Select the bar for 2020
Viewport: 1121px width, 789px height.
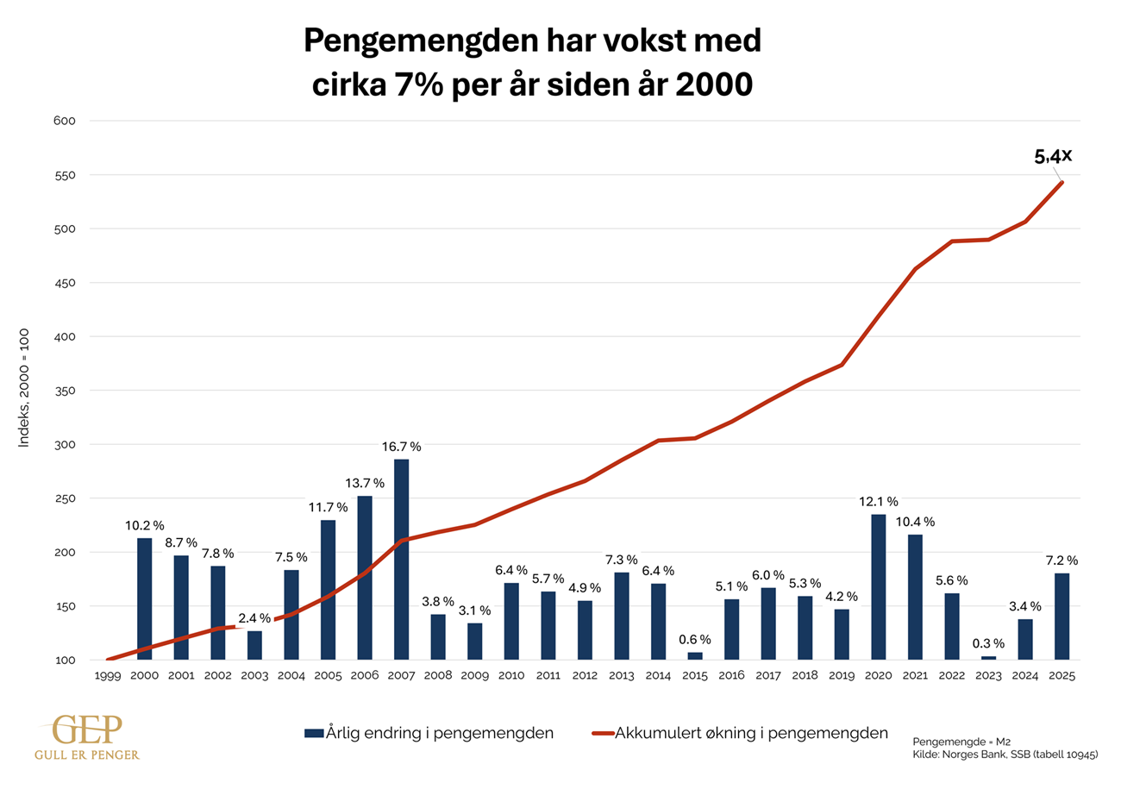[879, 586]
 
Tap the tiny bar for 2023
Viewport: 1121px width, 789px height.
[989, 658]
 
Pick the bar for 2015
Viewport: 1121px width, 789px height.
[695, 655]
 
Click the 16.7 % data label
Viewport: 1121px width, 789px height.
[402, 447]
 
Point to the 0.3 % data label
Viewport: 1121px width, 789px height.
[989, 643]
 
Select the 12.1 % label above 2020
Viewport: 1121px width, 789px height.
[879, 501]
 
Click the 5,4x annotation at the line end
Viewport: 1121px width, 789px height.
[1053, 157]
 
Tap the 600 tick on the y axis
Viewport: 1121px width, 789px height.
[66, 121]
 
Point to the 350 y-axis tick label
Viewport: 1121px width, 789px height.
[66, 391]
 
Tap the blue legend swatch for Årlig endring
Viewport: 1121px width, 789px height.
[314, 734]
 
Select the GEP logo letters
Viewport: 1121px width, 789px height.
[85, 730]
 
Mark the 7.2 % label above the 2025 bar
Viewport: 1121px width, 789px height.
[1062, 560]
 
